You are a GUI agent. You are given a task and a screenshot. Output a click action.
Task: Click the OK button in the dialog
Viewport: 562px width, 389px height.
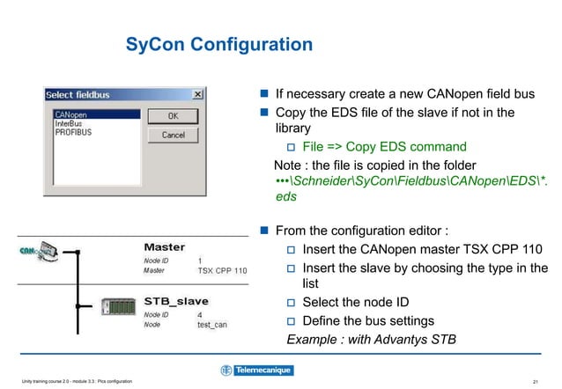coord(173,116)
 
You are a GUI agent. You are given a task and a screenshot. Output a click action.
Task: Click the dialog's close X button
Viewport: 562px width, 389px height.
coord(197,94)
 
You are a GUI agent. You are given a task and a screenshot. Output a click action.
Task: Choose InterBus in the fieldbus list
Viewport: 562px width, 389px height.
coord(69,123)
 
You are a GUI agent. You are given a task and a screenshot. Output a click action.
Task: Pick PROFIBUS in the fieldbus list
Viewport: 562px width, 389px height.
coord(73,132)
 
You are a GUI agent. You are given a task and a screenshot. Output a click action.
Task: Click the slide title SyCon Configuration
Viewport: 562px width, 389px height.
coord(219,44)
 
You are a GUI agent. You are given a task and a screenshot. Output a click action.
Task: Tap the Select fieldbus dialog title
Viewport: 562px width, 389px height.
coord(77,94)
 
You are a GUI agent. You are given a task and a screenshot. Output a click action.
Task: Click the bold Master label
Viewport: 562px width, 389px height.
coord(164,247)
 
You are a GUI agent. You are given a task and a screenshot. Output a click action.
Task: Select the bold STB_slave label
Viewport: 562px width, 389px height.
coord(176,301)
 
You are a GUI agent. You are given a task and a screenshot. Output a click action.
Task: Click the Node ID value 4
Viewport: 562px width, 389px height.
coord(200,314)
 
